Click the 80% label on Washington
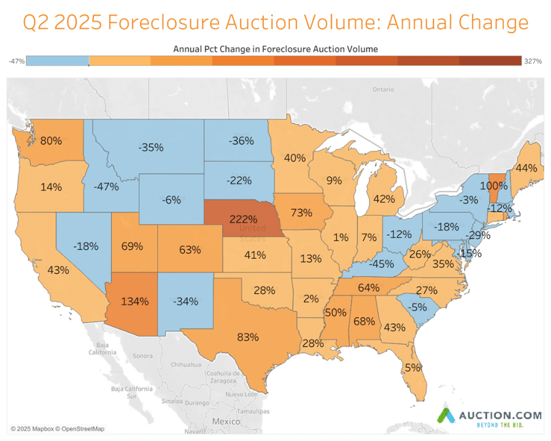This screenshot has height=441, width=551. click(51, 140)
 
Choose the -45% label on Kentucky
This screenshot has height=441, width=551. click(381, 264)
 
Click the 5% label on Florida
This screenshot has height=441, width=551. click(413, 367)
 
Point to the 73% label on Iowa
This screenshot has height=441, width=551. click(302, 212)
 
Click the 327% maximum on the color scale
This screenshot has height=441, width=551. click(533, 61)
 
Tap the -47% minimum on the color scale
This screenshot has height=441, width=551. click(17, 61)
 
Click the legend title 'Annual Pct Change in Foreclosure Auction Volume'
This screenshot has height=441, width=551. click(275, 48)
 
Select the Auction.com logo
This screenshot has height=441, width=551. click(488, 416)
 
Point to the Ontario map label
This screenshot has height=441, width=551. click(383, 90)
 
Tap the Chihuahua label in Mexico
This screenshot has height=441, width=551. click(187, 364)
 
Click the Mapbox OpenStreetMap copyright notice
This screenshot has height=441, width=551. click(58, 428)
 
